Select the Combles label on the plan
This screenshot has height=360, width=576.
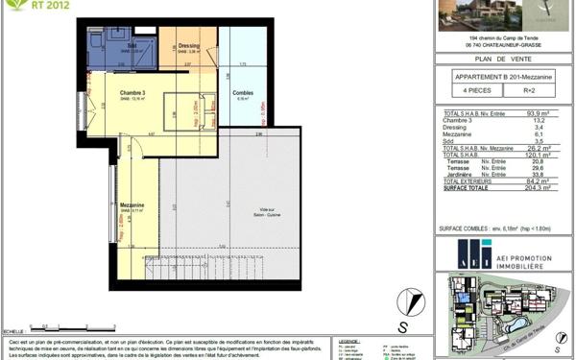(x=243, y=92)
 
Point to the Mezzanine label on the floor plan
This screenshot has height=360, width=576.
(x=132, y=204)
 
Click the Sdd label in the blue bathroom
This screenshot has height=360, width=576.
(x=131, y=46)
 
